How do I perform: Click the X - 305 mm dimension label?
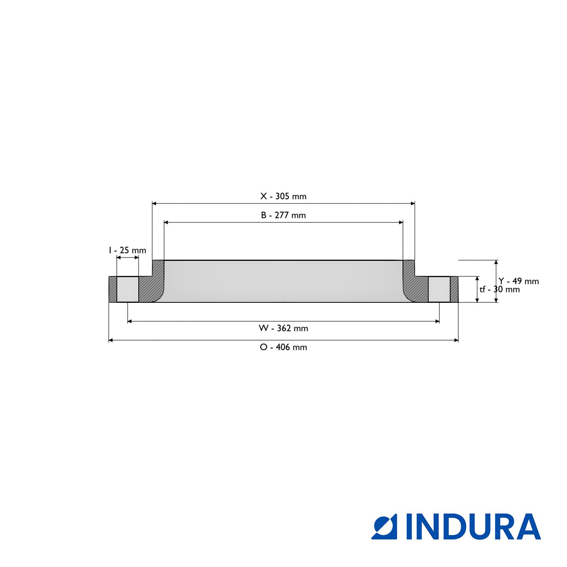283,196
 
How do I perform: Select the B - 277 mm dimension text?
283,215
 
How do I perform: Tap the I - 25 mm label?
127,250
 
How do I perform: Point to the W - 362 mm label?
283,328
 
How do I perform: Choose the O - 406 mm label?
283,347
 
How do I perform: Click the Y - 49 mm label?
519,281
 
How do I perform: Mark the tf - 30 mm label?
500,290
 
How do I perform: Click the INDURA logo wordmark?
473,526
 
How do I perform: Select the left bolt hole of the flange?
128,289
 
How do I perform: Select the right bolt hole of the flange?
439,289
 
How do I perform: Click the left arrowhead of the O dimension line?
111,340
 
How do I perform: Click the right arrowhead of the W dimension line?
437,321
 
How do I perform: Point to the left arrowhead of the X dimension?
154,203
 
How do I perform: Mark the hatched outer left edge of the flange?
113,289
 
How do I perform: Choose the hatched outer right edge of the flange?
454,289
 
